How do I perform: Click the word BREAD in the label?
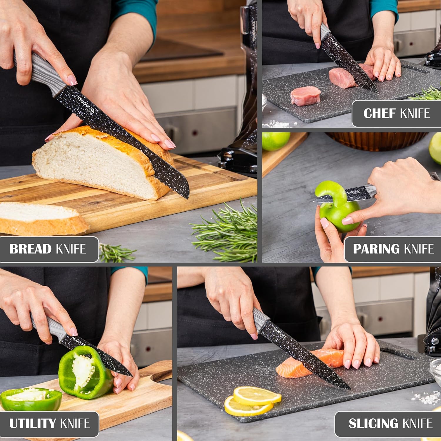point(30,249)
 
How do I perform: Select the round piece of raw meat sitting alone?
point(305,96)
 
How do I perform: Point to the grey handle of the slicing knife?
point(260,320)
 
